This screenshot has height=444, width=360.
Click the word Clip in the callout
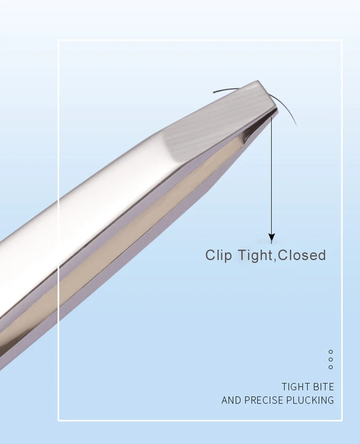click(x=219, y=255)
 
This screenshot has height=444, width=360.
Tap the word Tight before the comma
click(x=254, y=255)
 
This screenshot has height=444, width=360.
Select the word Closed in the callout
click(x=301, y=255)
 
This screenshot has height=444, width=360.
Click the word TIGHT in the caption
click(x=295, y=387)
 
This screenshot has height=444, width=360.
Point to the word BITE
click(x=323, y=387)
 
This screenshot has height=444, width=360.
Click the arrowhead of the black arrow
click(x=271, y=237)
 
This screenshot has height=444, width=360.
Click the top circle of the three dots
click(x=331, y=352)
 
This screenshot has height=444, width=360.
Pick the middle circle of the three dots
click(x=331, y=359)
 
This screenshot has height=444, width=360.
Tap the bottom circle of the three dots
click(x=331, y=367)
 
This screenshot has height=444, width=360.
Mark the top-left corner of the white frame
click(x=58, y=40)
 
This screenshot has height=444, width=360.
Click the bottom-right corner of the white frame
click(x=342, y=421)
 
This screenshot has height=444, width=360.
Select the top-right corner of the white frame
click(x=342, y=40)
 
